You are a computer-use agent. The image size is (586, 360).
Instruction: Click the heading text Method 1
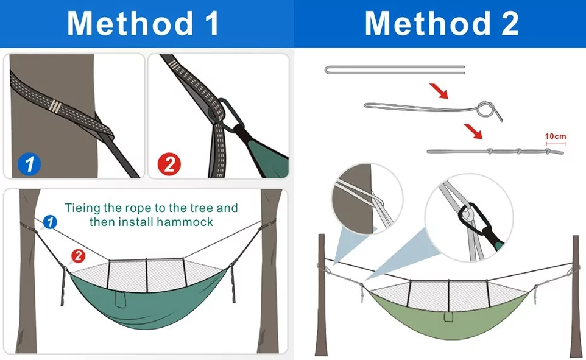pos(143,23)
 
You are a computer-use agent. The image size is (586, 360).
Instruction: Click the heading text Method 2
pos(442,23)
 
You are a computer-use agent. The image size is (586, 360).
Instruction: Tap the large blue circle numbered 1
pos(29,164)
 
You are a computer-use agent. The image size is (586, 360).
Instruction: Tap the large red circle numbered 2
pos(169,164)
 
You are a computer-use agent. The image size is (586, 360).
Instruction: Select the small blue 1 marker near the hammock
pos(50,222)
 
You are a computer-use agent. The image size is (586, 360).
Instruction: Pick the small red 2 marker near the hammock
pos(78,256)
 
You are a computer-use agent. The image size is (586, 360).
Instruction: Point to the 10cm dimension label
pos(556,136)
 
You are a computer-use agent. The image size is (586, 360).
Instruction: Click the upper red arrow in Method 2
pos(439,91)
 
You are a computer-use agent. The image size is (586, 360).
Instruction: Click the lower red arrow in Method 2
pos(473,132)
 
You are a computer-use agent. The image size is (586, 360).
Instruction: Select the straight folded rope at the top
pos(395,70)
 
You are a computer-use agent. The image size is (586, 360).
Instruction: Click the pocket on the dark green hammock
pos(120,299)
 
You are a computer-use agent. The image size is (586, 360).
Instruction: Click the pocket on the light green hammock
pos(449,317)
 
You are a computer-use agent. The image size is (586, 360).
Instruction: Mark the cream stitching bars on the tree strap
pos(55,107)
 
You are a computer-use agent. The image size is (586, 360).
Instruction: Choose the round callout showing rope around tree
pos(367,199)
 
